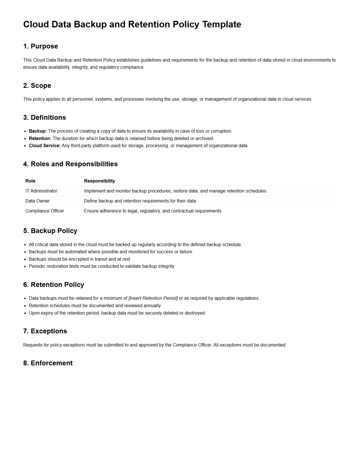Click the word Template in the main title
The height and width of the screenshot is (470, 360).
point(222,25)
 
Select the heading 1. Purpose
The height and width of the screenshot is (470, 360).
point(40,46)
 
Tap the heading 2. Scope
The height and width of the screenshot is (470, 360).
point(37,86)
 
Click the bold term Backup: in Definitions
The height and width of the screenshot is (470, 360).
point(38,131)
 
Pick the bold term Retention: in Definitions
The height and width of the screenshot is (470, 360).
point(40,139)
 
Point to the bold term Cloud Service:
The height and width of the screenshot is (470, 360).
point(44,146)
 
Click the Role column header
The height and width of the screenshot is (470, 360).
point(30,181)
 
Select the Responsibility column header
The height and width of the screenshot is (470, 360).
point(99,181)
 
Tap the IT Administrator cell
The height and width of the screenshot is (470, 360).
point(41,191)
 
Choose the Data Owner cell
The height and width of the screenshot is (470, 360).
point(38,201)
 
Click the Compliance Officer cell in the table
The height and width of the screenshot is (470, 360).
point(45,211)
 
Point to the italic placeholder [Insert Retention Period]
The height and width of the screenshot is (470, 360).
point(153,298)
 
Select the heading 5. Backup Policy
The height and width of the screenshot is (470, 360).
point(50,231)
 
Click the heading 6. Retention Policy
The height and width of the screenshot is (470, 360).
point(54,285)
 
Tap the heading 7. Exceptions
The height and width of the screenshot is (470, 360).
point(45,331)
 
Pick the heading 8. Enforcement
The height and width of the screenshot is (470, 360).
point(48,363)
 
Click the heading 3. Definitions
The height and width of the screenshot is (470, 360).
point(44,117)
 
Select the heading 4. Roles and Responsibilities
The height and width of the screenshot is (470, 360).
point(70,164)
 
